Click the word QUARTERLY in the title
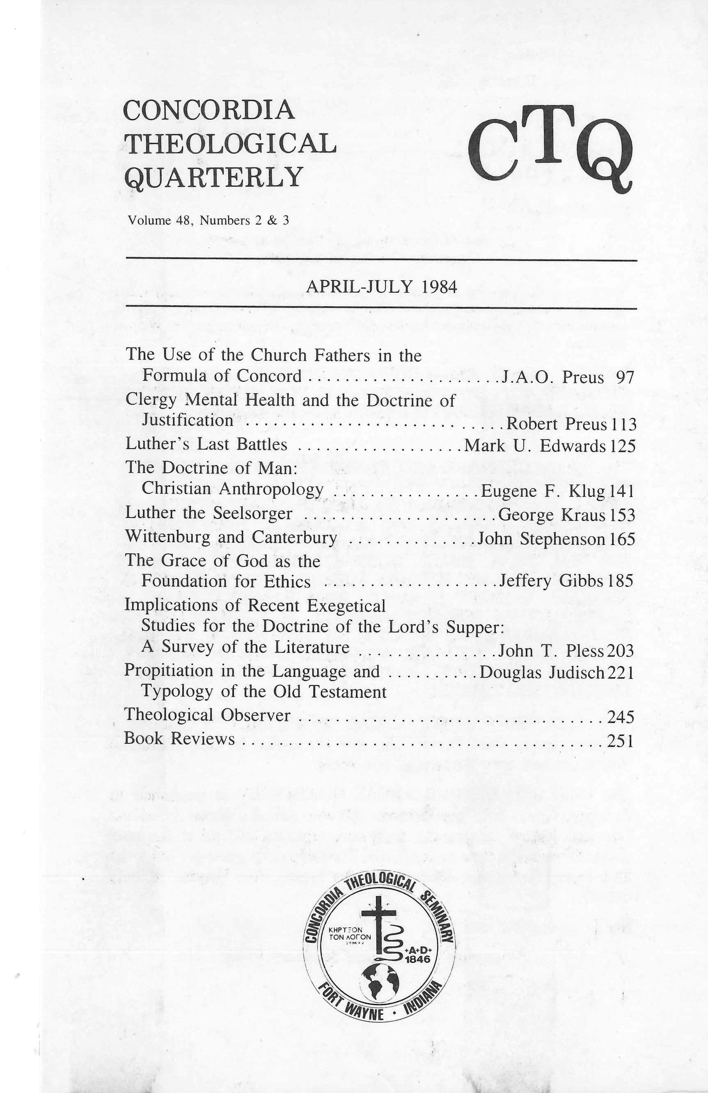pyautogui.click(x=213, y=177)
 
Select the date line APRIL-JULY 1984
pyautogui.click(x=382, y=286)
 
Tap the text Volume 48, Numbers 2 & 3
pyautogui.click(x=209, y=220)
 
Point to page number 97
pyautogui.click(x=625, y=378)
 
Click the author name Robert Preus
pyautogui.click(x=556, y=424)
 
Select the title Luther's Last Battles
pyautogui.click(x=206, y=445)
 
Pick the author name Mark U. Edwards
pyautogui.click(x=535, y=446)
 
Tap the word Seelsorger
pyautogui.click(x=252, y=513)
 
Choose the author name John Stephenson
pyautogui.click(x=541, y=538)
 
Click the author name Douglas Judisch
pyautogui.click(x=542, y=673)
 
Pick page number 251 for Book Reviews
pyautogui.click(x=620, y=739)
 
